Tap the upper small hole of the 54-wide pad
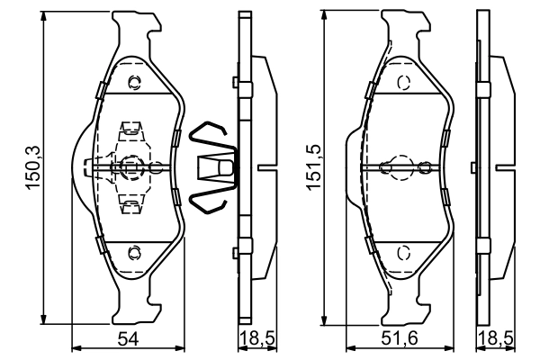(x=134, y=84)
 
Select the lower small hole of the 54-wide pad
(x=134, y=251)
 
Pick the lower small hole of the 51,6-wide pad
(x=402, y=251)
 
